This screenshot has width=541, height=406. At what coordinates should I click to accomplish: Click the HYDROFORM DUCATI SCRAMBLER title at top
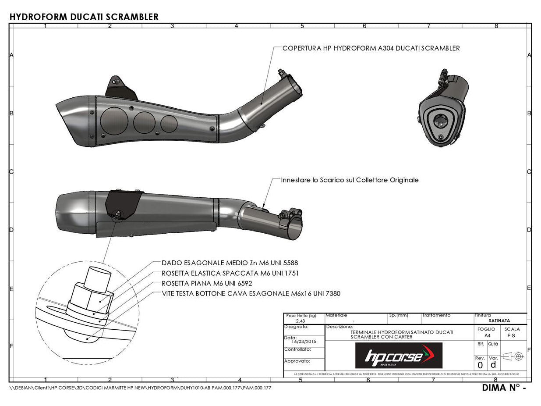point(84,17)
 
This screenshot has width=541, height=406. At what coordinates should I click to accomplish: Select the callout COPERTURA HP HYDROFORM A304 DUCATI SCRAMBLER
point(371,48)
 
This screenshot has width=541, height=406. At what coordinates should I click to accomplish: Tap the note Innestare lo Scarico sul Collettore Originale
point(350,180)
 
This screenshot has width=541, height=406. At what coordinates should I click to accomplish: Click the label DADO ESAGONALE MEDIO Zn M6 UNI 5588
point(230,263)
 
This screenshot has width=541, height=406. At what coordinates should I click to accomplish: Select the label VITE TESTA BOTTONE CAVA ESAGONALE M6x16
point(251,293)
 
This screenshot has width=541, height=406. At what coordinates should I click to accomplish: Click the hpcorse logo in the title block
point(399,356)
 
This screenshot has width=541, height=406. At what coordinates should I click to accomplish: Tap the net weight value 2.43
point(301,321)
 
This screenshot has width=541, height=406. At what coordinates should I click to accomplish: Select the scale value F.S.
point(512,335)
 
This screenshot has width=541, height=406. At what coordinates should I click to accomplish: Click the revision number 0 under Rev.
point(480,365)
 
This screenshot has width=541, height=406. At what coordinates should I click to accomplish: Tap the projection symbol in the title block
point(513,356)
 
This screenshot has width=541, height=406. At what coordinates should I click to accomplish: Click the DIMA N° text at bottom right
point(503,388)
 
